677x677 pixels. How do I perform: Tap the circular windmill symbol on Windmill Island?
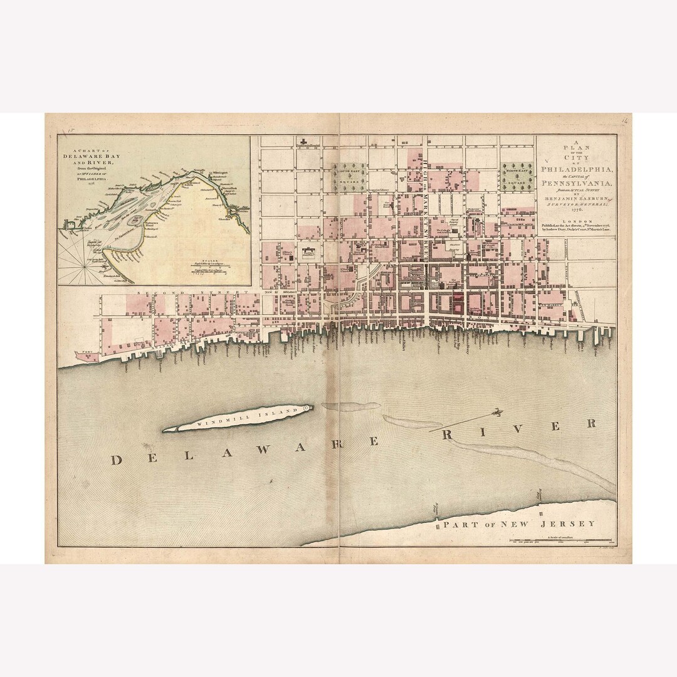307,408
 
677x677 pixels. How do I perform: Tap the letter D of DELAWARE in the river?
116,460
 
